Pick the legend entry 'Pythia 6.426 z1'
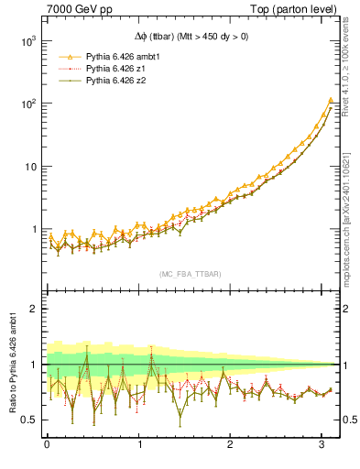pos(117,69)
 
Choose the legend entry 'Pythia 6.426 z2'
pos(117,82)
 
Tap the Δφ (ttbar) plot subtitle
pos(191,37)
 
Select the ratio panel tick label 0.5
pos(28,420)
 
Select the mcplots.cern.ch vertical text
pos(349,220)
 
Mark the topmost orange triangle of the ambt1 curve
pos(330,100)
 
